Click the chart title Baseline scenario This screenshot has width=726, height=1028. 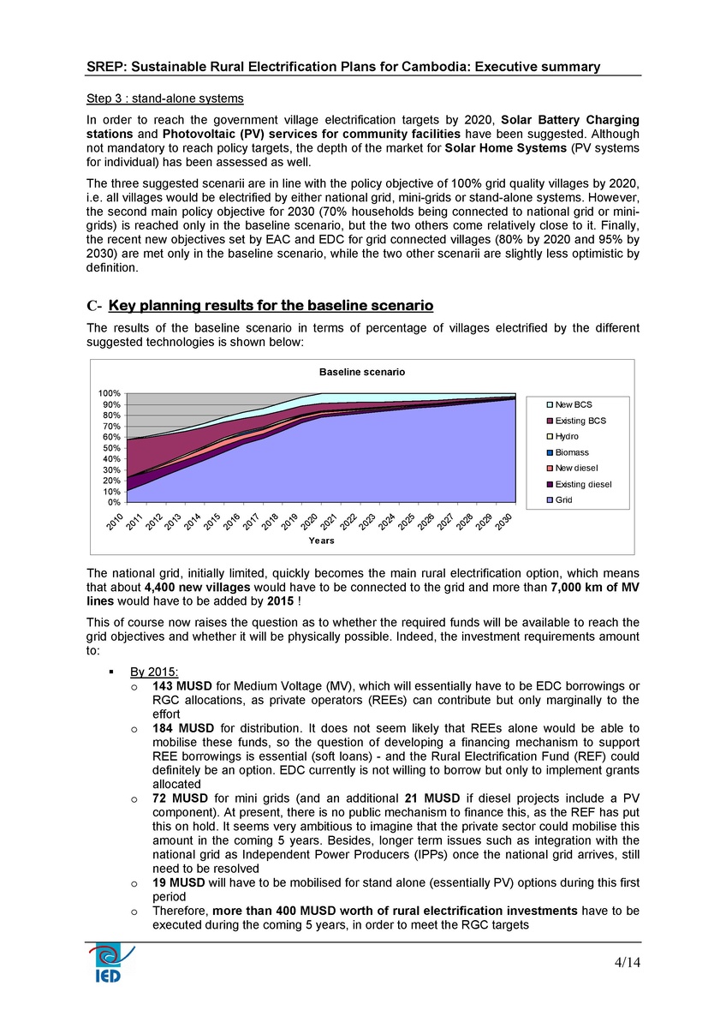pyautogui.click(x=361, y=372)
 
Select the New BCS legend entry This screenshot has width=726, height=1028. pyautogui.click(x=574, y=404)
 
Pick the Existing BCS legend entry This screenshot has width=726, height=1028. pyautogui.click(x=580, y=421)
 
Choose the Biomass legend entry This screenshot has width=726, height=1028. pyautogui.click(x=572, y=452)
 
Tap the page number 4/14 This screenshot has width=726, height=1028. pyautogui.click(x=627, y=963)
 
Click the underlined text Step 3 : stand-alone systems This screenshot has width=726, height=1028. pyautogui.click(x=165, y=99)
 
